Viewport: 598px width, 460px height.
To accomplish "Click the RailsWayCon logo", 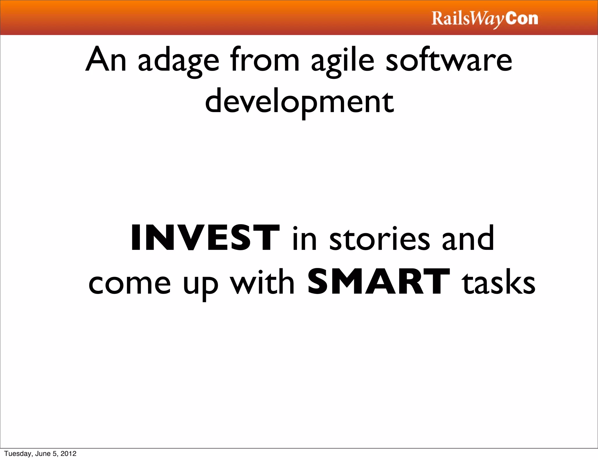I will pyautogui.click(x=485, y=19).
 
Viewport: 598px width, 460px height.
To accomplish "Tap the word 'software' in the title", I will pyautogui.click(x=449, y=60).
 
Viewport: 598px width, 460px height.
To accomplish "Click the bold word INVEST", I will pyautogui.click(x=205, y=238).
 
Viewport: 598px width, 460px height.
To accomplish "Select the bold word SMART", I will pyautogui.click(x=379, y=282).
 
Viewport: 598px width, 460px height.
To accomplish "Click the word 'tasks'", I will pyautogui.click(x=499, y=283).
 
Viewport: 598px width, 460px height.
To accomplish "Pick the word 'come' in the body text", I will pyautogui.click(x=129, y=284).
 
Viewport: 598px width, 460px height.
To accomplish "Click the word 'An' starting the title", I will pyautogui.click(x=106, y=60).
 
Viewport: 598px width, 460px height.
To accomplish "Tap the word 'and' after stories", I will pyautogui.click(x=468, y=239).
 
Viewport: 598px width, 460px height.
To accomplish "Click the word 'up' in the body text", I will pyautogui.click(x=200, y=285).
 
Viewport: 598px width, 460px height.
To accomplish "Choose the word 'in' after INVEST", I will pyautogui.click(x=305, y=239).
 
